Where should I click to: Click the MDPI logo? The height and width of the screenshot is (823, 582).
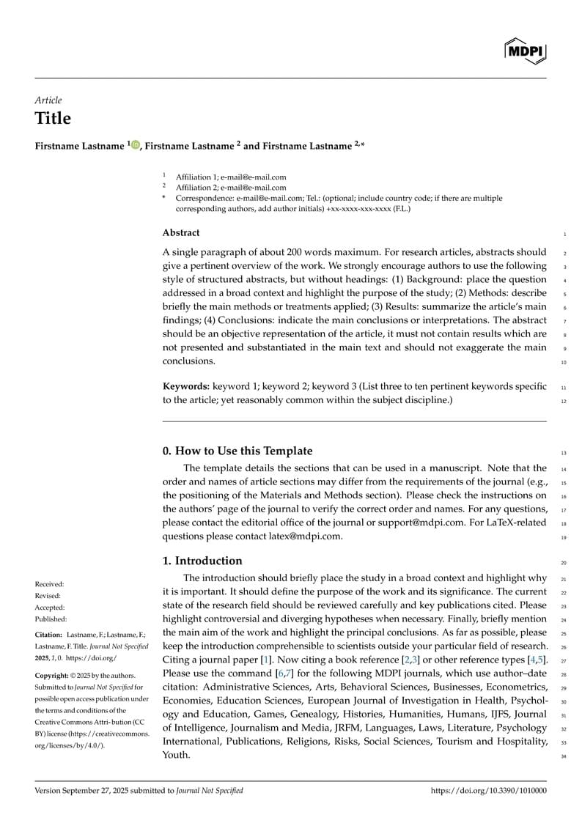[525, 51]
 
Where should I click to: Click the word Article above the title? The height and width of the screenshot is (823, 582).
[48, 100]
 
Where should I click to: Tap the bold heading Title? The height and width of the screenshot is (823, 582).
[53, 119]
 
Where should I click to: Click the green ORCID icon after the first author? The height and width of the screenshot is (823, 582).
[136, 145]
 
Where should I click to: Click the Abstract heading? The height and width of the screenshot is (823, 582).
[180, 233]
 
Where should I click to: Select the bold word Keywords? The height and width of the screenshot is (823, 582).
[185, 386]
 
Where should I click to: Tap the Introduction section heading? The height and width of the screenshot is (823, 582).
[202, 561]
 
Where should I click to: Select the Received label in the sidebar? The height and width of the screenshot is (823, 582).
[50, 584]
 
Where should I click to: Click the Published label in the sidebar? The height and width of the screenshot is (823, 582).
[51, 619]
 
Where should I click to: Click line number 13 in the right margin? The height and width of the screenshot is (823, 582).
[563, 452]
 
